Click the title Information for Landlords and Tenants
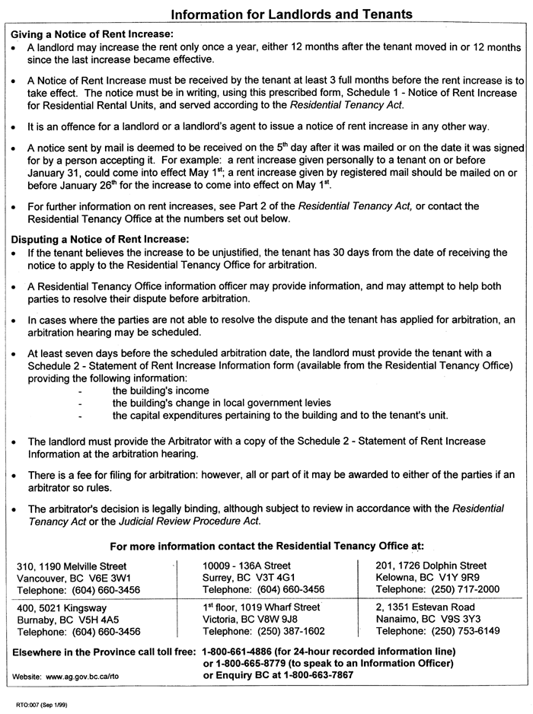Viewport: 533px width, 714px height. (x=292, y=14)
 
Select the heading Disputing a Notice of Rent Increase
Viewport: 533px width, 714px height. (x=98, y=236)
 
